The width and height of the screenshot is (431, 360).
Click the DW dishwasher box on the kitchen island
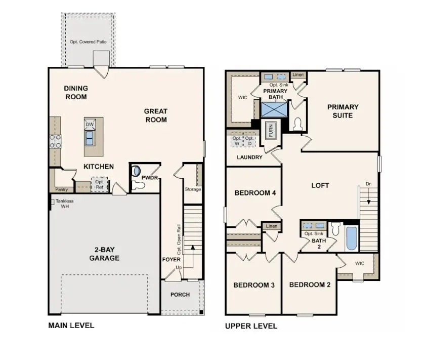90,124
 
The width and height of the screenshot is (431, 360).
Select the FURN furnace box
271,130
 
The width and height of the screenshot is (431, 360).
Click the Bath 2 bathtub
351,238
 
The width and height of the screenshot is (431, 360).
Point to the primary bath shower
274,109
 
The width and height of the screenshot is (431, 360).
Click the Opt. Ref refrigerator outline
100,184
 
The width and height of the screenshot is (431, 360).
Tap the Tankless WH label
65,204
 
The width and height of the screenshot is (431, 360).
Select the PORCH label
180,295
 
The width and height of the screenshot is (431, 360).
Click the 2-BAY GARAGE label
104,254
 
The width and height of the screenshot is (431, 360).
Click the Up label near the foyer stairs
179,267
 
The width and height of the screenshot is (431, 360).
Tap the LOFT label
320,185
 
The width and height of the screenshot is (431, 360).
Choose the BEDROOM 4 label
255,193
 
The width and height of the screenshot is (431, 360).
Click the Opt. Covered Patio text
88,42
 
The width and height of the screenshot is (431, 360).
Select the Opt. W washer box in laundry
237,141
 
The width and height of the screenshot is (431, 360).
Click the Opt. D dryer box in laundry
249,141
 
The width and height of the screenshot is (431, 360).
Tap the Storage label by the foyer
193,189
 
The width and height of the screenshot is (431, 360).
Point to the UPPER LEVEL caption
251,326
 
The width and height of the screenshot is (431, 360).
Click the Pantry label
62,189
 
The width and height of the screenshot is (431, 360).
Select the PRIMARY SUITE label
343,111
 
